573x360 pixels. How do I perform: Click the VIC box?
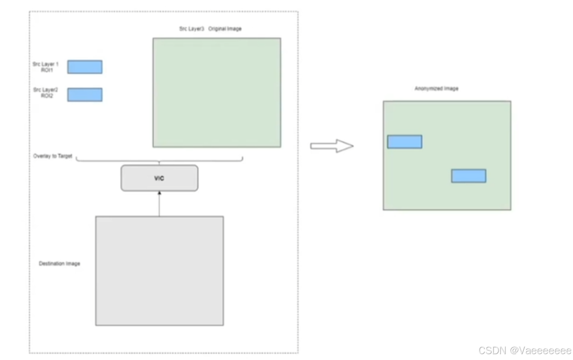pyautogui.click(x=159, y=178)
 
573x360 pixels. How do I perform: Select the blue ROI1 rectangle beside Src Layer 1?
pyautogui.click(x=85, y=67)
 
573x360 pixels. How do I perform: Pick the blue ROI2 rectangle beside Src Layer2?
pyautogui.click(x=85, y=95)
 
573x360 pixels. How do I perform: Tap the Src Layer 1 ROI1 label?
pyautogui.click(x=46, y=67)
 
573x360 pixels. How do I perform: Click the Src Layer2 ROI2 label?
pyautogui.click(x=46, y=93)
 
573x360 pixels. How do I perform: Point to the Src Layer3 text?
pyautogui.click(x=192, y=29)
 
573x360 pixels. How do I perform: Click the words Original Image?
pyautogui.click(x=225, y=29)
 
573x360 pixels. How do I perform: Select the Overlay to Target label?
pyautogui.click(x=53, y=156)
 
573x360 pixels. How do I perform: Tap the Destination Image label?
pyautogui.click(x=59, y=264)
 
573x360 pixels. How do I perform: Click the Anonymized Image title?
pyautogui.click(x=436, y=89)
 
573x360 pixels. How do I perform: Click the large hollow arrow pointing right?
pyautogui.click(x=332, y=146)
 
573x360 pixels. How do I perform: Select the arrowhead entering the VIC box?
pyautogui.click(x=159, y=193)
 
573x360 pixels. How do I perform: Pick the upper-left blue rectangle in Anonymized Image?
pyautogui.click(x=405, y=142)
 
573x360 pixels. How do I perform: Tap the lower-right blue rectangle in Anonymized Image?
pyautogui.click(x=469, y=176)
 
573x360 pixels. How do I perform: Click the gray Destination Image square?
pyautogui.click(x=159, y=271)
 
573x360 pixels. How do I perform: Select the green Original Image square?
pyautogui.click(x=217, y=93)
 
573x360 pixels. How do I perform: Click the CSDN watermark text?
pyautogui.click(x=525, y=351)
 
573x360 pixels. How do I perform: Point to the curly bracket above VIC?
pyautogui.click(x=159, y=161)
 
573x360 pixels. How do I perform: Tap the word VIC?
pyautogui.click(x=159, y=178)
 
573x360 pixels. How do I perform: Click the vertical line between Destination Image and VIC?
pyautogui.click(x=159, y=205)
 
